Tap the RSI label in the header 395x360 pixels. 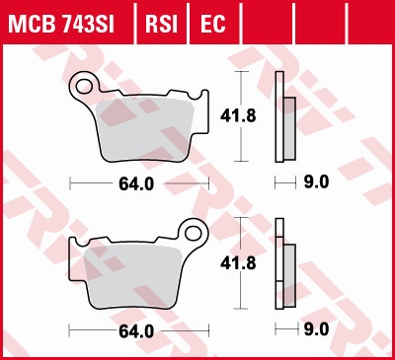coord(163,21)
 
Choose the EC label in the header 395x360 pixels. coord(211,21)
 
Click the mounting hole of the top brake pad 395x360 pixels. coord(84,84)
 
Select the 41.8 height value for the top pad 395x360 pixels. coord(231,116)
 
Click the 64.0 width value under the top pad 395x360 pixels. coord(141,183)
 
